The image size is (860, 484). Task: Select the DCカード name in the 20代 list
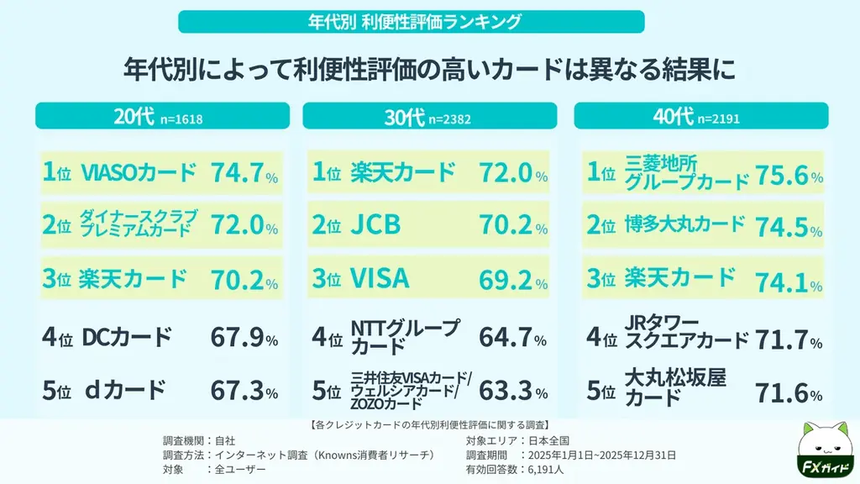[127, 338]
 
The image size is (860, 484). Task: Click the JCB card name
[375, 224]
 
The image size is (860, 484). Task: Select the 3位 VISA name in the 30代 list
[380, 276]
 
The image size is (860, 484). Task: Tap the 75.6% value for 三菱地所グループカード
[789, 174]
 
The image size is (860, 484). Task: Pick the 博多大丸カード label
[684, 224]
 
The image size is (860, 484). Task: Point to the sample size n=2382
[449, 119]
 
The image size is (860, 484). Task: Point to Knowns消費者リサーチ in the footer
[385, 455]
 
